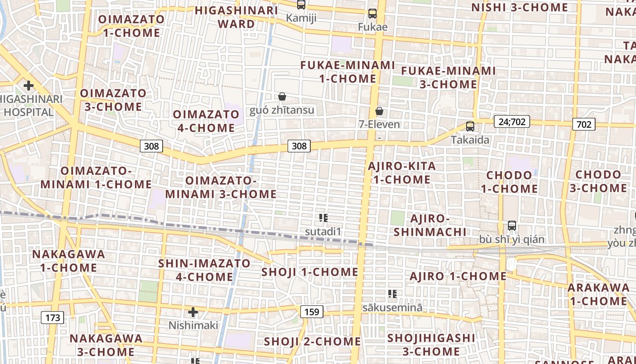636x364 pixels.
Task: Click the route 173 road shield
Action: click(53, 318)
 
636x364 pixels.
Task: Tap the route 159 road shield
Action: click(312, 312)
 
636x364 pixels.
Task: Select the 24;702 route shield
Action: click(512, 121)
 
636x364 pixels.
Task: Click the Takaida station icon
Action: click(470, 126)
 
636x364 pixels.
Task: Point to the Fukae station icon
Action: click(373, 14)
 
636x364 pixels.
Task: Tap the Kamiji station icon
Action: click(301, 5)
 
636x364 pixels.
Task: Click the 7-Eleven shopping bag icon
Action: click(379, 111)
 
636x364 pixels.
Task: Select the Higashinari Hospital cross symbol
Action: click(29, 85)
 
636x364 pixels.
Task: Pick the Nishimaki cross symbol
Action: click(193, 312)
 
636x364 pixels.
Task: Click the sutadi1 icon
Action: click(323, 218)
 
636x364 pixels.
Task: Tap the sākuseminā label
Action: click(393, 308)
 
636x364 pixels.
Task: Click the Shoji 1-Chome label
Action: click(310, 272)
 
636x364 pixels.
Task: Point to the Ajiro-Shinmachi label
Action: click(430, 225)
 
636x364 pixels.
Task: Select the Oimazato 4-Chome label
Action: click(206, 121)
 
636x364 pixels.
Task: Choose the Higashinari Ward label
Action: click(236, 17)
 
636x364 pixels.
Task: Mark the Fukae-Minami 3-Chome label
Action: click(448, 78)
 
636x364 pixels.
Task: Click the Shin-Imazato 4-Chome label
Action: click(204, 270)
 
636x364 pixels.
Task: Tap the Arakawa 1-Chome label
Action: click(598, 294)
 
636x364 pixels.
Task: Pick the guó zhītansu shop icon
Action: click(282, 96)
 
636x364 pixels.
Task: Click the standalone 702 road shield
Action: click(583, 124)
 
